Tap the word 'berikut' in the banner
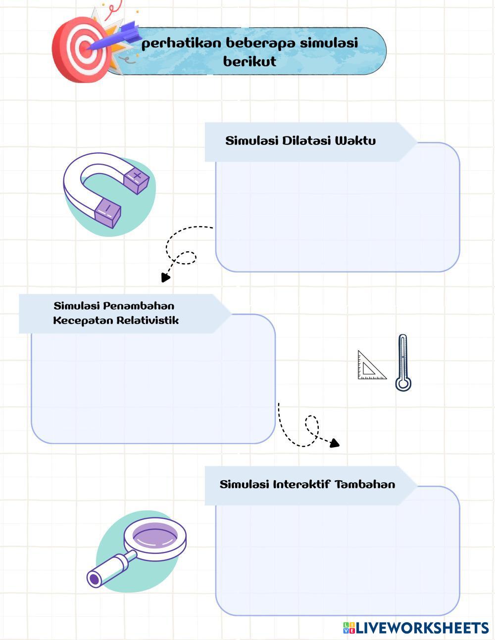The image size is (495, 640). pyautogui.click(x=249, y=62)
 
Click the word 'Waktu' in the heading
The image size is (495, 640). pyautogui.click(x=355, y=140)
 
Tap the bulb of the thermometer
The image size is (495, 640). pyautogui.click(x=403, y=383)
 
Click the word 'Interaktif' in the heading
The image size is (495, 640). pyautogui.click(x=301, y=484)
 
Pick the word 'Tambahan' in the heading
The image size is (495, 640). pyautogui.click(x=365, y=484)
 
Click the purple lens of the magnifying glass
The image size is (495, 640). pyautogui.click(x=154, y=537)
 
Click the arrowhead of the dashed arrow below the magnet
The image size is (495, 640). pyautogui.click(x=165, y=277)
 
